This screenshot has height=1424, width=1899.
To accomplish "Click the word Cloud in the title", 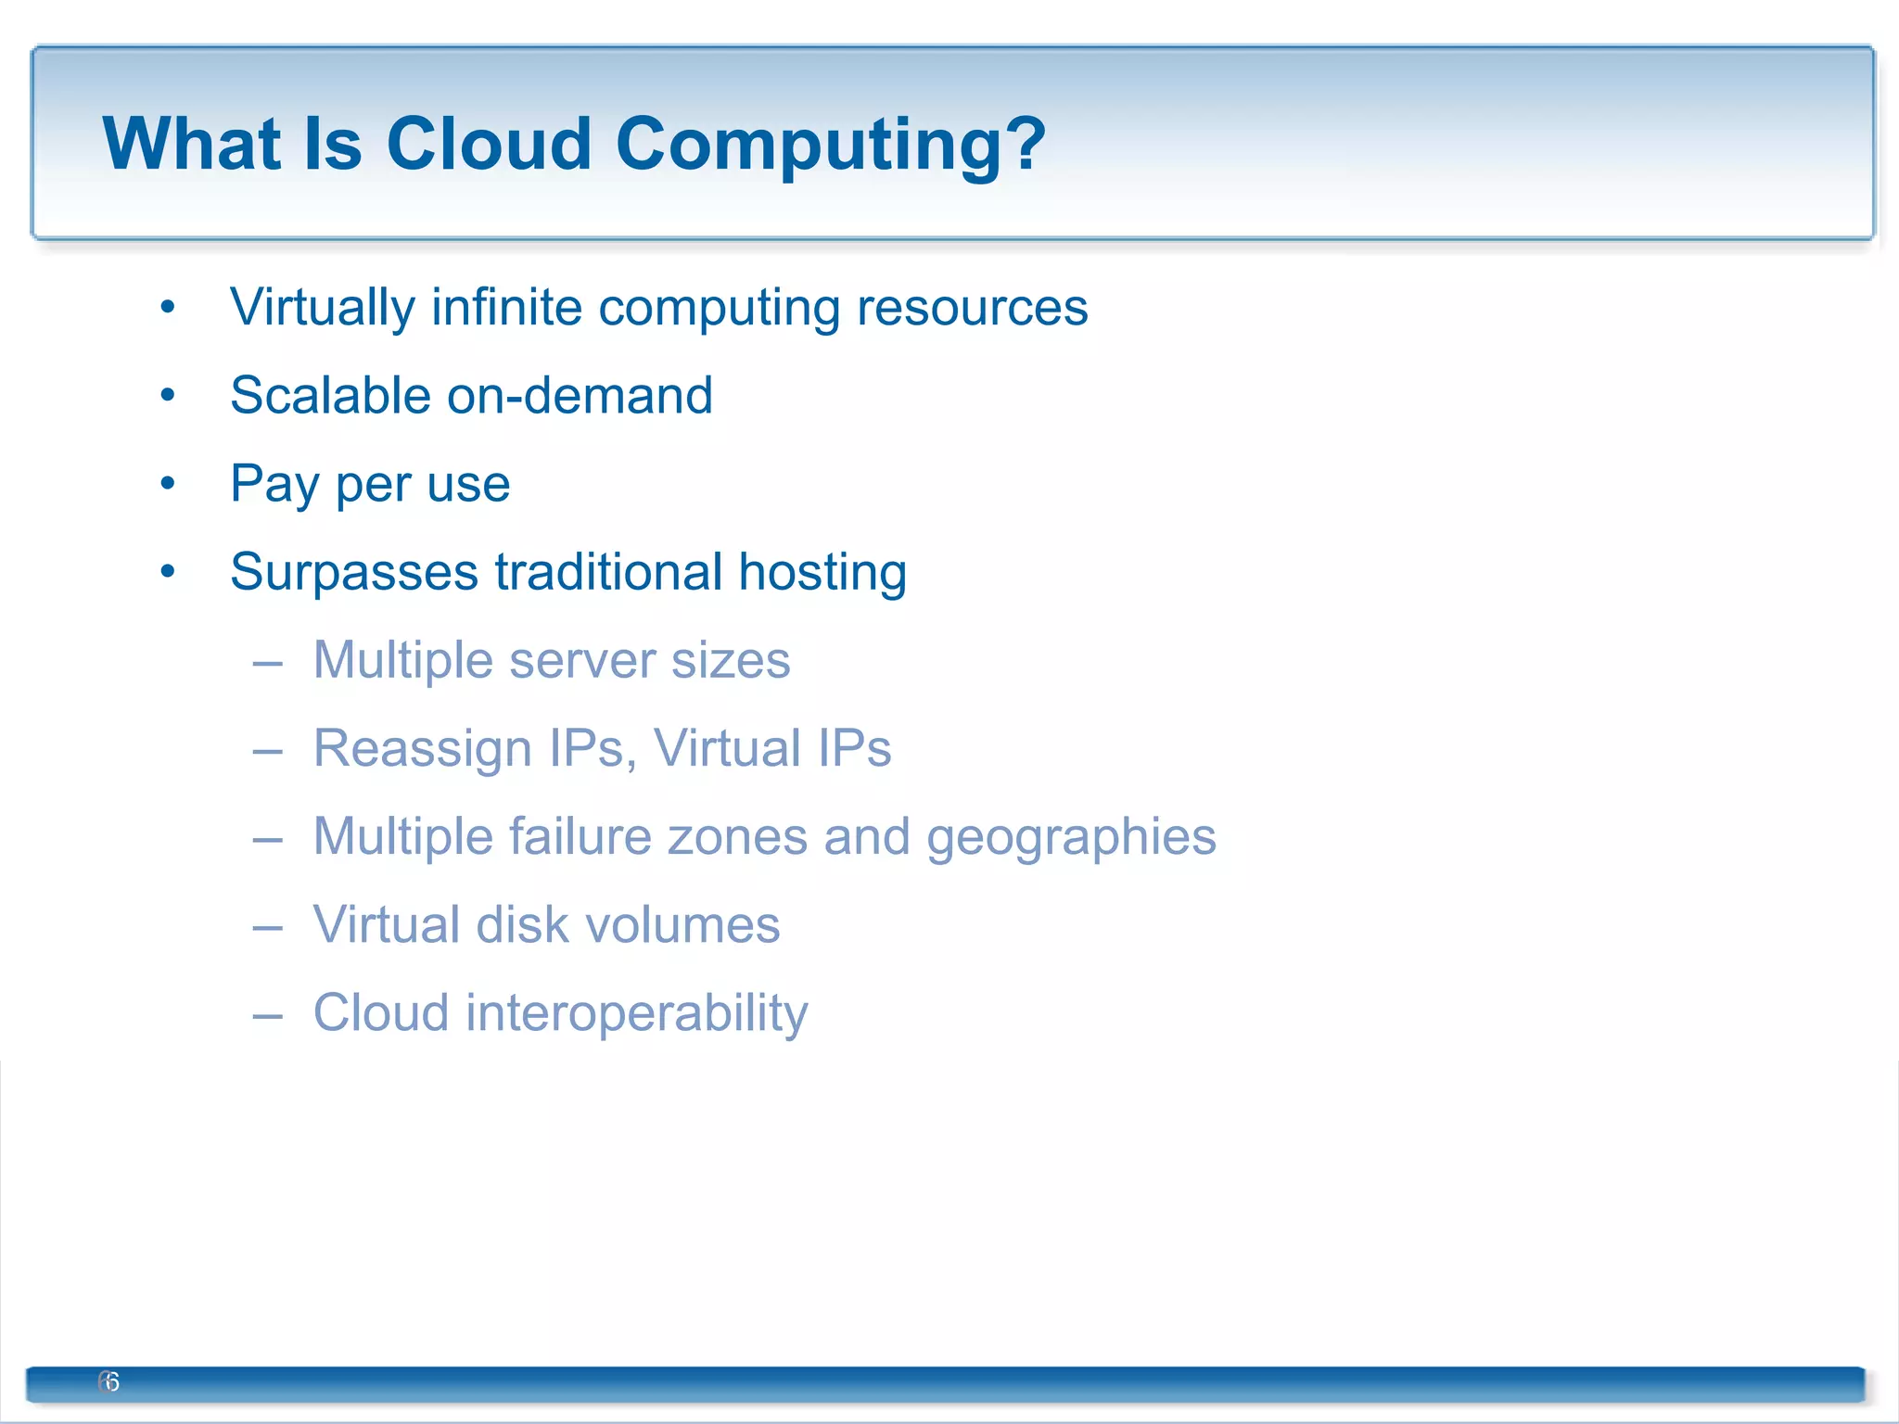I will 488,145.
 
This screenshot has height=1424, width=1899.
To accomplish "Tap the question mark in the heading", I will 1026,145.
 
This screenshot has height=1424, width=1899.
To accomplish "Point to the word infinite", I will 506,307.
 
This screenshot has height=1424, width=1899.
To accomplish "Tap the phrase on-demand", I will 580,396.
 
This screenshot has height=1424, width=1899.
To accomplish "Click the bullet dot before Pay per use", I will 167,483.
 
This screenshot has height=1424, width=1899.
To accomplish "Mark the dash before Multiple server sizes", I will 267,663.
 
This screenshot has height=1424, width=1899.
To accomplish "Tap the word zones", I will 737,837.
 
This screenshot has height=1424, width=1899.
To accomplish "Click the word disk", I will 521,925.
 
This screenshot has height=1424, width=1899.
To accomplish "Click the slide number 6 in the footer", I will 110,1381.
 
